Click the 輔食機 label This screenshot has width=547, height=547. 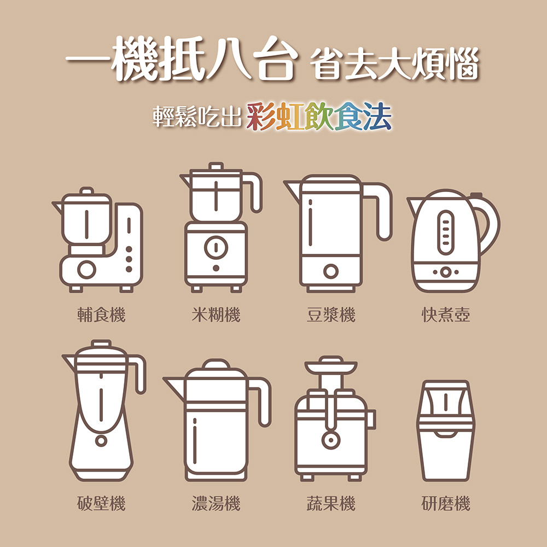tap(101, 315)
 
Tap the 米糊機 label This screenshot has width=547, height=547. tap(216, 315)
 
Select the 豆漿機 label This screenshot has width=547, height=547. tap(331, 315)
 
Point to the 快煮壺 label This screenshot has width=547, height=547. tap(446, 315)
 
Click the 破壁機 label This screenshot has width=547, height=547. tap(101, 503)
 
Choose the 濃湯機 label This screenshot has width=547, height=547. tap(216, 503)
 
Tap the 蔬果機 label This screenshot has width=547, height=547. tap(331, 503)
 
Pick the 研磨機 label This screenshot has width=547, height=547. tap(446, 503)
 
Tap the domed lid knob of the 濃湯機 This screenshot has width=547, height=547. tap(216, 364)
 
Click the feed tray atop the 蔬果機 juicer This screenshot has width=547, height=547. tap(331, 366)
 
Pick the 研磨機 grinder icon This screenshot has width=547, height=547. tap(446, 431)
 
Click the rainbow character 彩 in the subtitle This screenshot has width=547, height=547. tap(260, 116)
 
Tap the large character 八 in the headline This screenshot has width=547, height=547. tap(229, 59)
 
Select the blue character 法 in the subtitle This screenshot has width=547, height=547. tap(377, 116)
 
